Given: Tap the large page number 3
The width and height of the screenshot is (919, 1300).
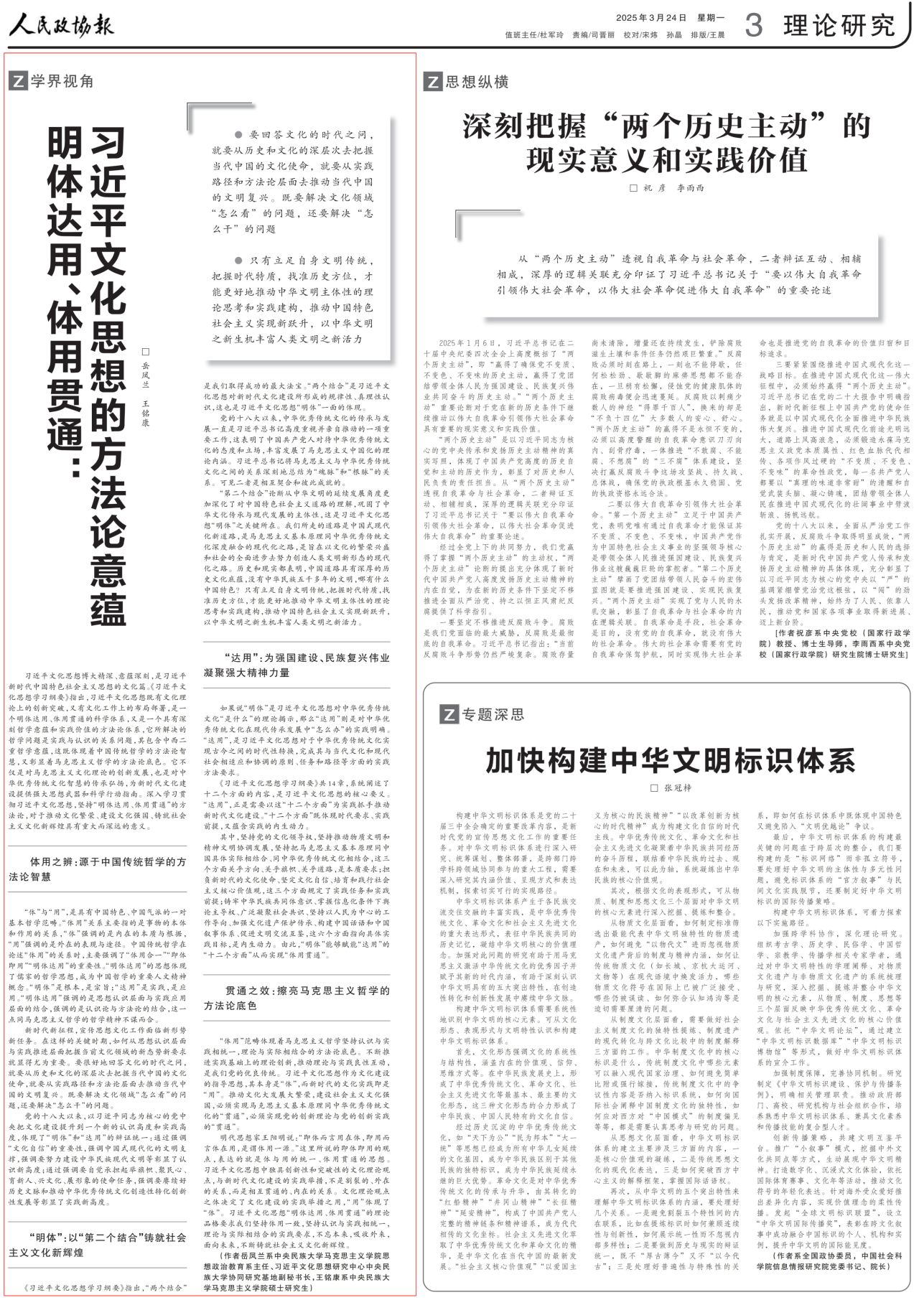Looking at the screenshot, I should (753, 26).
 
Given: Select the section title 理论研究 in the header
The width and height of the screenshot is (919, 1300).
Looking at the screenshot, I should (839, 26).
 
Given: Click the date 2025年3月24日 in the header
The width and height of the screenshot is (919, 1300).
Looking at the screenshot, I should (651, 17).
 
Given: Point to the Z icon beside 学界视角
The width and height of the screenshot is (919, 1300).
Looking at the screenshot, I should (18, 81).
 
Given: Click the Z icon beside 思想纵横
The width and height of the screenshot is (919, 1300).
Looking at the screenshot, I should (432, 82).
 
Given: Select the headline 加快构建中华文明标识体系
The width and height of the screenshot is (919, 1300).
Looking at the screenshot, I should (670, 760).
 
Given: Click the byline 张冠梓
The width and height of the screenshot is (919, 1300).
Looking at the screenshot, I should (671, 787).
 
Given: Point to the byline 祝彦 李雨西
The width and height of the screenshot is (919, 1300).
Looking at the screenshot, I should (668, 188).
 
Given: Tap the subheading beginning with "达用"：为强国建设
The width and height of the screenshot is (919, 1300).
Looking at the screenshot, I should (297, 665).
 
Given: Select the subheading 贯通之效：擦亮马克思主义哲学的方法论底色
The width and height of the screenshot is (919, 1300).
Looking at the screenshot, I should (297, 998).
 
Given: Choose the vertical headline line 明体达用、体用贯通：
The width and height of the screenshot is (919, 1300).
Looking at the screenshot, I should (64, 301).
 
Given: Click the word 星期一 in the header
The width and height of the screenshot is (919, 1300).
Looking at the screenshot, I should (712, 17).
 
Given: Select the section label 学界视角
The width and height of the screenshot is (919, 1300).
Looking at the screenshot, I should (62, 81).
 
